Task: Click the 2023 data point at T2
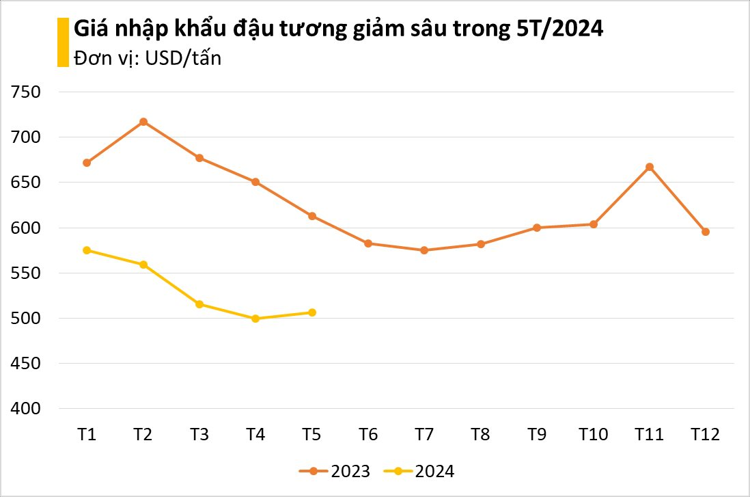pyautogui.click(x=143, y=122)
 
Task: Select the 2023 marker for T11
pyautogui.click(x=650, y=167)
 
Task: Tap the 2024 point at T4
pyautogui.click(x=255, y=319)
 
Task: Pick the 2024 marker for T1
pyautogui.click(x=87, y=250)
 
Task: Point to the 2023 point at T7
pyautogui.click(x=424, y=250)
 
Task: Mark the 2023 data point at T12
pyautogui.click(x=706, y=232)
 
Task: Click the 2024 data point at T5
pyautogui.click(x=312, y=312)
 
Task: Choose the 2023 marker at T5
pyautogui.click(x=312, y=216)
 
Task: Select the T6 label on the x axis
pyautogui.click(x=368, y=435)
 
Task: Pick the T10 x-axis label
pyautogui.click(x=593, y=435)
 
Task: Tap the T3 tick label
pyautogui.click(x=199, y=435)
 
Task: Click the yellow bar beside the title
pyautogui.click(x=63, y=42)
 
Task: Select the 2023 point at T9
pyautogui.click(x=537, y=228)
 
